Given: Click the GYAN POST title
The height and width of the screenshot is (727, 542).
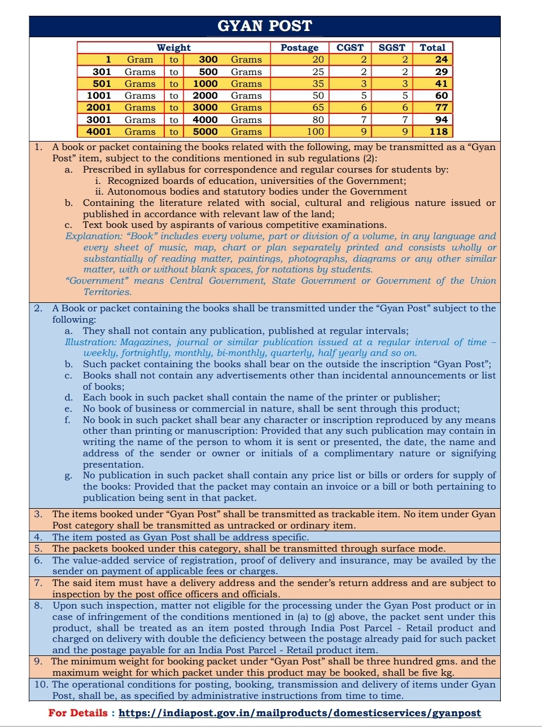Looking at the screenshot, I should [x=264, y=26].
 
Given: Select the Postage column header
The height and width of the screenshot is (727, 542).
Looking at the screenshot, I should [x=299, y=47].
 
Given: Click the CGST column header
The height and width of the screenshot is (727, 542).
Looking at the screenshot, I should [x=350, y=47].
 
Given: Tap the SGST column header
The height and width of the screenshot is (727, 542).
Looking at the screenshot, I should [x=392, y=47].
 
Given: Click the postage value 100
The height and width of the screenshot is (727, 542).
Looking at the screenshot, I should [x=315, y=131].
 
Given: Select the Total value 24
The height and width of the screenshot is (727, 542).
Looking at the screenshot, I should [x=442, y=59].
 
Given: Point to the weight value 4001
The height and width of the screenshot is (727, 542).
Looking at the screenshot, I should [x=99, y=131].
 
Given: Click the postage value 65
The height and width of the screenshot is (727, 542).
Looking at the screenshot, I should [x=318, y=107].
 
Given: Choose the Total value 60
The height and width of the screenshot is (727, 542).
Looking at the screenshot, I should [x=442, y=95].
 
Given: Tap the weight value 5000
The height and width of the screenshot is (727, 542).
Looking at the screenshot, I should [x=205, y=131].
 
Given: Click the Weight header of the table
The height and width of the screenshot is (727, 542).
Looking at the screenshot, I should [x=173, y=47].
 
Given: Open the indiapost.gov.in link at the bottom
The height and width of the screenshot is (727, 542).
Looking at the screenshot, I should [x=300, y=713].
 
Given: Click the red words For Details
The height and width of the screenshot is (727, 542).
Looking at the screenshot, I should [x=78, y=713].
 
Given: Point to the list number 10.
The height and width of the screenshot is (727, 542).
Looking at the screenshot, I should [x=41, y=684].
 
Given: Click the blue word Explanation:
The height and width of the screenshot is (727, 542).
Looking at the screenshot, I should [x=93, y=236].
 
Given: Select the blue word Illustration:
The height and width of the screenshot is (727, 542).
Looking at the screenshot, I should [x=91, y=342].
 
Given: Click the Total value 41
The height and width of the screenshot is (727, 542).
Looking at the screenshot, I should [x=442, y=83].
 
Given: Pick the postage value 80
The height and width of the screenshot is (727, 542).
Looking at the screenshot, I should [x=318, y=120].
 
